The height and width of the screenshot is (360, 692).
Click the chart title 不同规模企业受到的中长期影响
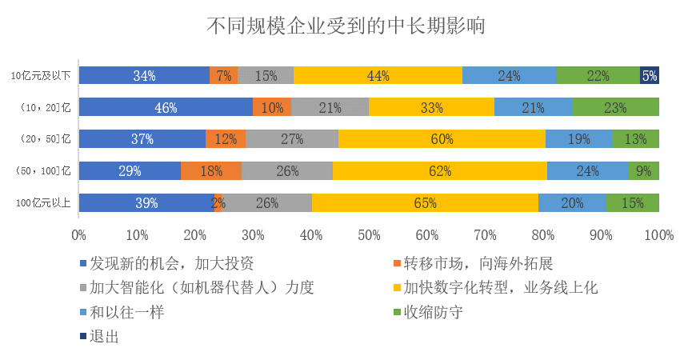pos(346,26)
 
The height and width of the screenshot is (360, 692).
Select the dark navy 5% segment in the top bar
pos(650,76)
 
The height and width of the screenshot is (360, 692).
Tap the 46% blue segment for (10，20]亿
pos(166,107)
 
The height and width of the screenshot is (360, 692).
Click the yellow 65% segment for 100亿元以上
pos(425,203)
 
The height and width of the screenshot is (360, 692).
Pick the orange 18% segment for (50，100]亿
pos(211,171)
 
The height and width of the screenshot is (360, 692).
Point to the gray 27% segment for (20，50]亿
pos(292,139)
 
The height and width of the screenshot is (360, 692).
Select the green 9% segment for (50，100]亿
pos(644,171)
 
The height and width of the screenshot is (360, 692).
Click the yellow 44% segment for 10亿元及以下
pos(378,76)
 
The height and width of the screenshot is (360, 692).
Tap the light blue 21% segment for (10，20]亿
pos(533,107)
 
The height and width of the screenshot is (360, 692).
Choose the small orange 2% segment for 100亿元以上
pos(218,203)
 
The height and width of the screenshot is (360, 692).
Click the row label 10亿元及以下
pos(41,76)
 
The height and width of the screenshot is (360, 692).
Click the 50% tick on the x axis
pos(369,235)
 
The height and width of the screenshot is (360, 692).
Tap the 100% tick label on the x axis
pos(658,235)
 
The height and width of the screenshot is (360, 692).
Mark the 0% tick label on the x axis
pos(78,235)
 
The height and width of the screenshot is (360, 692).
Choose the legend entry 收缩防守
pos(433,312)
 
